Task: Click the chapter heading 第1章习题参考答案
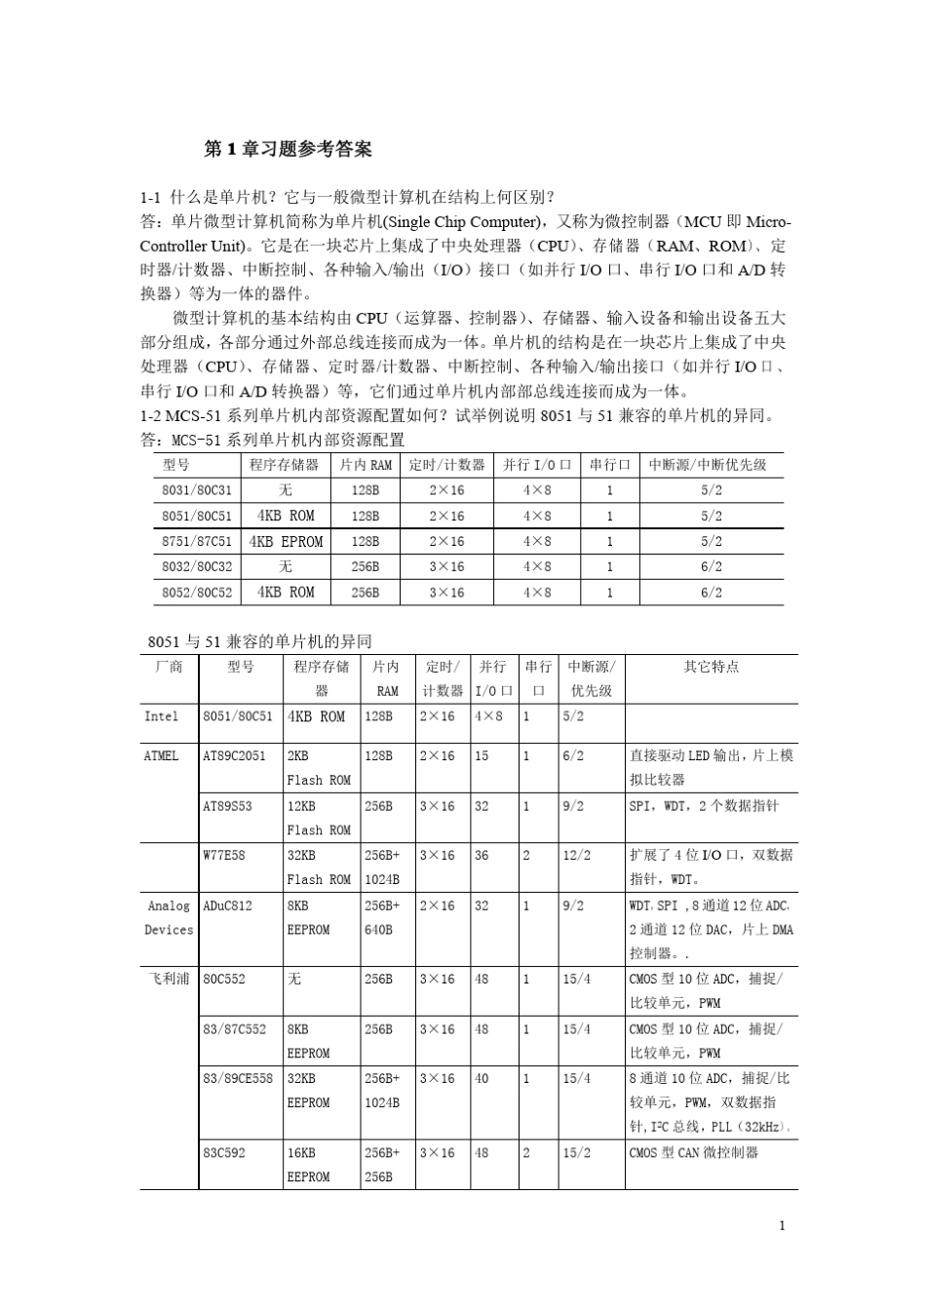(x=288, y=149)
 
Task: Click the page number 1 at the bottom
(x=782, y=1225)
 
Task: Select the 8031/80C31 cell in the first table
(x=197, y=490)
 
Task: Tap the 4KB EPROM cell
(x=286, y=541)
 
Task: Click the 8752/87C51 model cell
(x=197, y=541)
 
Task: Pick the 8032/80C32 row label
(x=197, y=566)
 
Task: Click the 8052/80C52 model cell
(x=197, y=592)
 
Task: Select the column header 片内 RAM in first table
(x=366, y=465)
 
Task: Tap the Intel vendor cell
(x=162, y=716)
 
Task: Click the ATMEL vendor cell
(x=162, y=755)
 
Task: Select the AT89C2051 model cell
(x=234, y=755)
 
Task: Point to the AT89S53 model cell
(x=227, y=806)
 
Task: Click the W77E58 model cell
(x=224, y=855)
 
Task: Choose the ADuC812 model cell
(x=227, y=905)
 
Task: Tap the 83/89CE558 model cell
(x=238, y=1078)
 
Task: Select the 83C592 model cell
(x=224, y=1152)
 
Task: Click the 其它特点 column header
(x=712, y=667)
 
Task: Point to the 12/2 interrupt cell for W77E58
(x=576, y=855)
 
